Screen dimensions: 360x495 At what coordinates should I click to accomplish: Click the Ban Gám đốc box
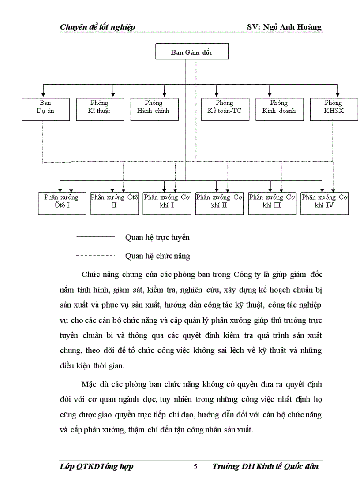point(192,52)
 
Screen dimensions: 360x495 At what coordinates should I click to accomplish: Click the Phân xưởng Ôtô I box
point(61,203)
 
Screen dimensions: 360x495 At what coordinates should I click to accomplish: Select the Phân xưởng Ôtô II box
point(114,203)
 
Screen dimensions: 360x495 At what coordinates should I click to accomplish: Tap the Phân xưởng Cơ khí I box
point(167,203)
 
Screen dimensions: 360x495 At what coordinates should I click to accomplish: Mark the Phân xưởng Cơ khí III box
point(272,203)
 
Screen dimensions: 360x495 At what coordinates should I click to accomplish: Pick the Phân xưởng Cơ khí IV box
point(325,203)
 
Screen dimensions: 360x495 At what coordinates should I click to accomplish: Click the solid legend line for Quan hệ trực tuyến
point(95,237)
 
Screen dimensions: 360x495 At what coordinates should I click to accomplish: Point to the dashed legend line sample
point(95,255)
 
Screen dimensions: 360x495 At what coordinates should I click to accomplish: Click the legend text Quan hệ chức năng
point(157,255)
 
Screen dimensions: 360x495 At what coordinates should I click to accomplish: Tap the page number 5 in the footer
point(195,467)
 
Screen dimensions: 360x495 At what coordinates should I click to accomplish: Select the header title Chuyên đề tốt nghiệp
point(97,27)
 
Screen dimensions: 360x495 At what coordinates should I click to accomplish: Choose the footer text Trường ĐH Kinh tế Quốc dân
point(265,467)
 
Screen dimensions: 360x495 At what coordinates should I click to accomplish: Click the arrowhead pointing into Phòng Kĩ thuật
point(113,94)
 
